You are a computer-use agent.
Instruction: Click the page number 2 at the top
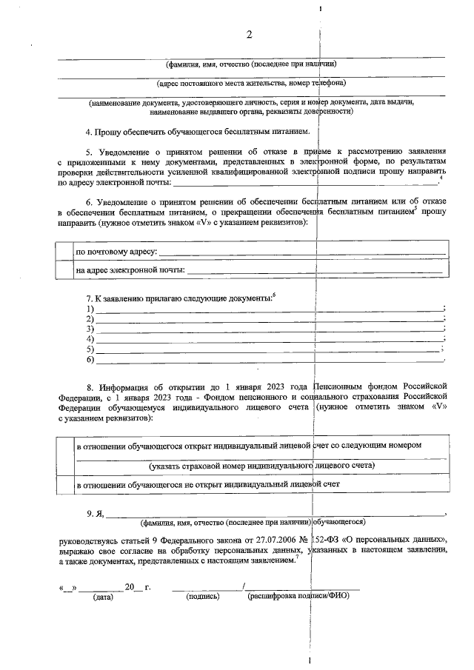[250, 35]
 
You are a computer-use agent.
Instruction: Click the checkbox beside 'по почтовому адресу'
[65, 252]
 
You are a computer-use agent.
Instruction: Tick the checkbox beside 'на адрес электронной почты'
[65, 270]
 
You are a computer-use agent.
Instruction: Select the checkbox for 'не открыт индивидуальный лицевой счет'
[65, 483]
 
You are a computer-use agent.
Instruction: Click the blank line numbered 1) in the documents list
[270, 308]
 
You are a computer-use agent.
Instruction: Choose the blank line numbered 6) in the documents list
[270, 360]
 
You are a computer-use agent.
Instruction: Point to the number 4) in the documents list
[90, 339]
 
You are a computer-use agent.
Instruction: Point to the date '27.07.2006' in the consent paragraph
[273, 540]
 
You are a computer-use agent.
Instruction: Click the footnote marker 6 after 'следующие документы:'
[274, 295]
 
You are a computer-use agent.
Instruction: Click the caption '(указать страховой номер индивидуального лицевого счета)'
[261, 466]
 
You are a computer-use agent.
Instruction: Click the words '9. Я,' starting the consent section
[96, 512]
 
